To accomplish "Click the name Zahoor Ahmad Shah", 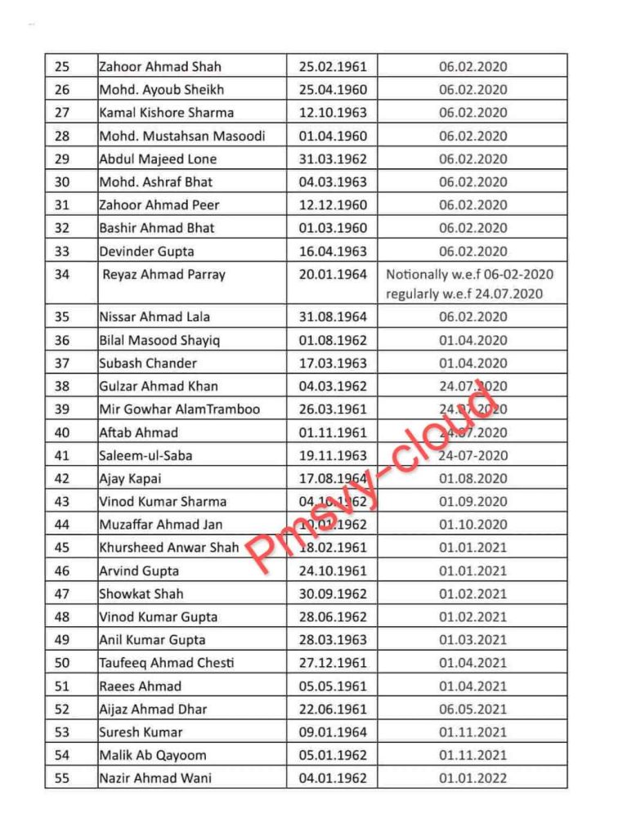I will pos(160,66).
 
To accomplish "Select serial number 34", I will pos(62,275).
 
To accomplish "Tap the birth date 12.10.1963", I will pos(333,113).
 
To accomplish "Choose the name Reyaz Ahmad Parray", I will pos(163,275).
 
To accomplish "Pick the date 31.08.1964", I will pos(333,317).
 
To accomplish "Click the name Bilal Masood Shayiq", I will pos(159,340).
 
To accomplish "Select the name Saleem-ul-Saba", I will pos(146,455).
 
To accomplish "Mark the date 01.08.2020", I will pos(472,478).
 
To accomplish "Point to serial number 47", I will pos(62,594).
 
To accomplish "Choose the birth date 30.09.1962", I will pos(333,594).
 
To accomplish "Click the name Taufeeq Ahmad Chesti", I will pos(167,663).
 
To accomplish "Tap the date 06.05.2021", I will pos(472,709).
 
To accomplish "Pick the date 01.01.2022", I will pos(472,778).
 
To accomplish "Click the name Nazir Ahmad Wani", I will pos(155,778).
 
